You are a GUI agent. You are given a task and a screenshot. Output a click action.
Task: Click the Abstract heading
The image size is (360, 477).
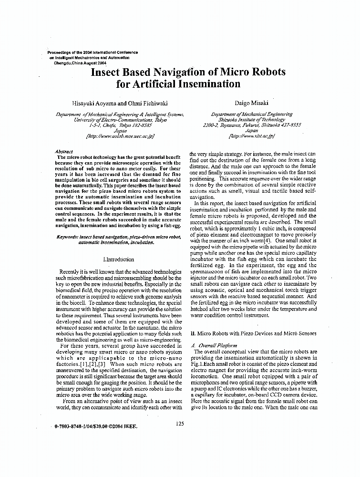tap(64, 151)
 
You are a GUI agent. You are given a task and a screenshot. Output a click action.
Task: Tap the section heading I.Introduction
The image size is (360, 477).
tap(118, 259)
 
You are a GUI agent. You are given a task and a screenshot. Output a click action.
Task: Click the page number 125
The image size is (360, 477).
tap(179, 423)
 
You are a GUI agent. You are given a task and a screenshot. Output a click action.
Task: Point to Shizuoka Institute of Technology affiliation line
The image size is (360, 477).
tap(251, 120)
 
